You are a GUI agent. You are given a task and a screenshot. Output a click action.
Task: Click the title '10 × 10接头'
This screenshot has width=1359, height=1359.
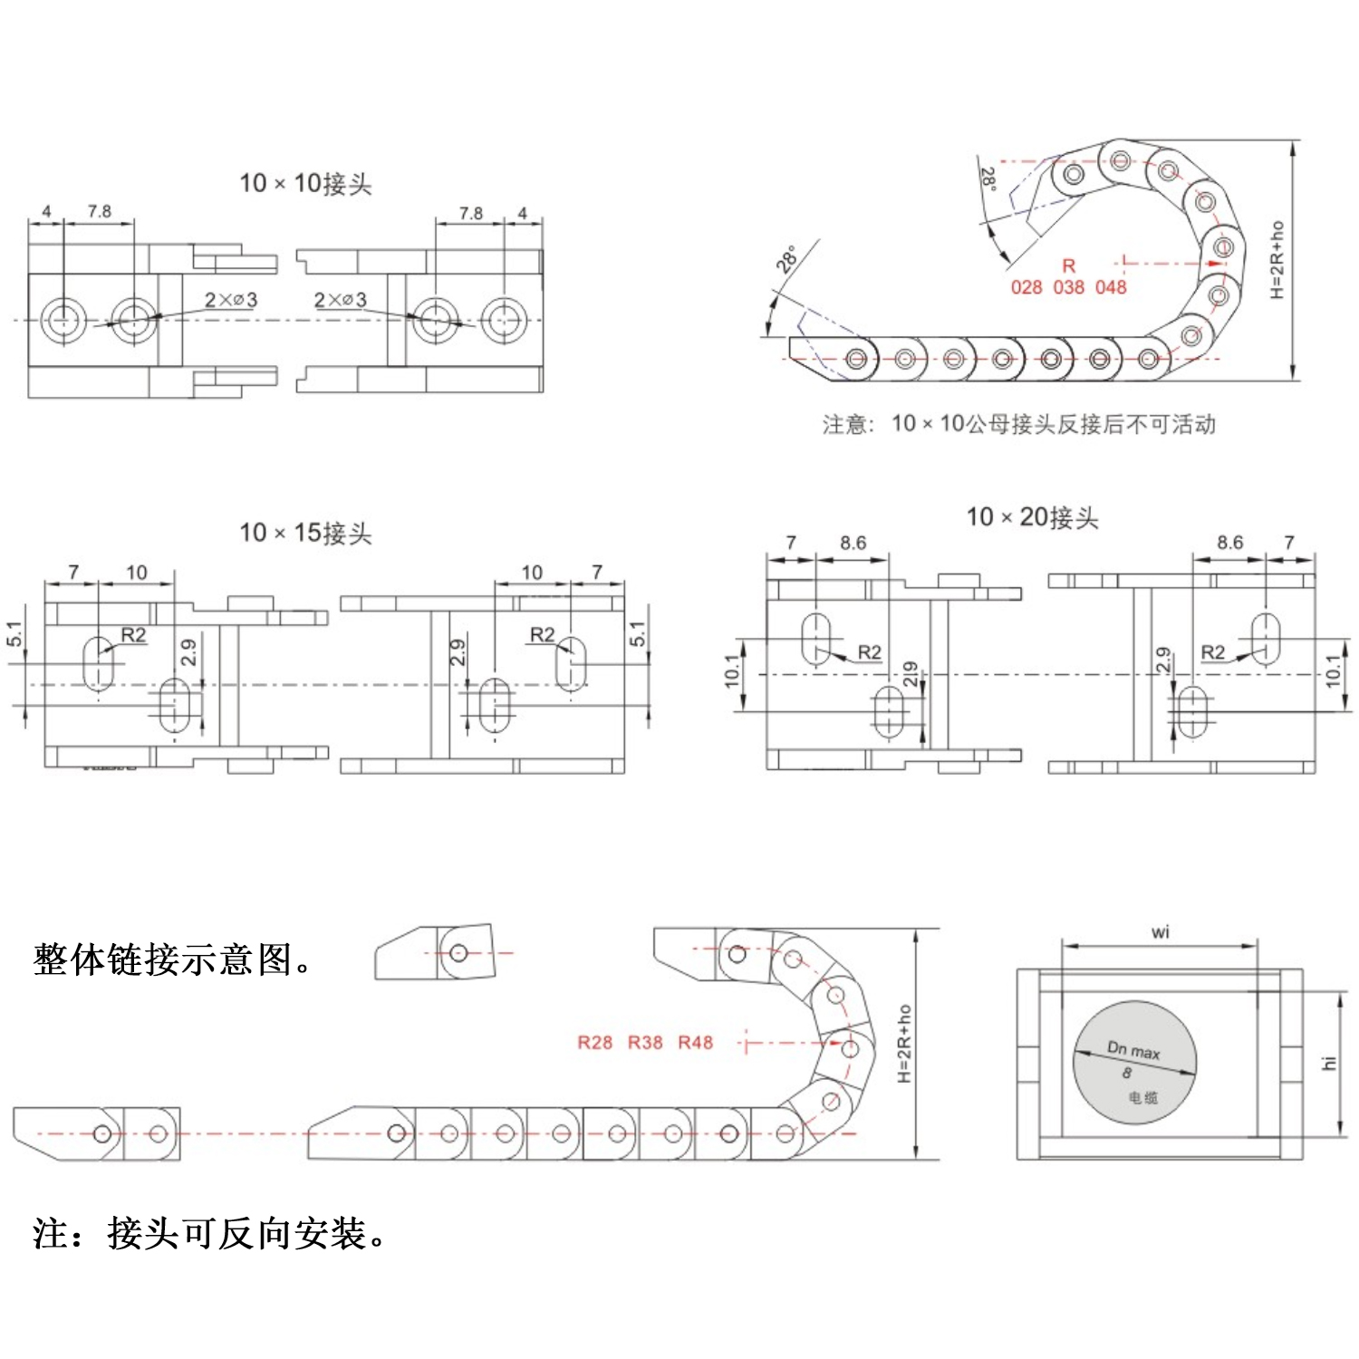click(x=305, y=184)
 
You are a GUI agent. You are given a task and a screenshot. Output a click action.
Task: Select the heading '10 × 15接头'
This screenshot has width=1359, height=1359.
click(x=305, y=533)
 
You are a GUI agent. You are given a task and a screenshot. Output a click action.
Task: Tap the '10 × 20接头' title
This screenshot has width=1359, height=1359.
click(x=1032, y=517)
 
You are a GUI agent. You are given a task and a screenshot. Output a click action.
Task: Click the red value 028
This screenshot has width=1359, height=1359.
click(x=1026, y=287)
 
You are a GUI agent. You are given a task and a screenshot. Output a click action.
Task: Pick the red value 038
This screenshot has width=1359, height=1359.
click(x=1068, y=287)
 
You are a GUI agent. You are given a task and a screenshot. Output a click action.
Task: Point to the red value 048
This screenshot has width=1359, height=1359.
click(x=1111, y=287)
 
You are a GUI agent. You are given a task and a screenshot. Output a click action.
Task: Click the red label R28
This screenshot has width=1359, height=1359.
click(x=594, y=1043)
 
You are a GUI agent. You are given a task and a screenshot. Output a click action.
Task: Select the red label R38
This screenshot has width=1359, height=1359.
click(x=645, y=1043)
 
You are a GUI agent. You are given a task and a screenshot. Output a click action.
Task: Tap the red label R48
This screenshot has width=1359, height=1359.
click(x=695, y=1043)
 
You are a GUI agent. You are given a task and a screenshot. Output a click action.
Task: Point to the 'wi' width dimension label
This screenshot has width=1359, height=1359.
click(x=1160, y=931)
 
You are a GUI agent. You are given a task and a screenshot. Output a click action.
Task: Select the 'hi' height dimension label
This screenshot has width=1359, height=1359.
click(x=1329, y=1063)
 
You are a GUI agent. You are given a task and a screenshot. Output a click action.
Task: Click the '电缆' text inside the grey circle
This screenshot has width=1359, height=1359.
click(x=1142, y=1098)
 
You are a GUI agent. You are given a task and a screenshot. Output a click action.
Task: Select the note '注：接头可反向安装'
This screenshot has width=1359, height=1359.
click(x=208, y=1233)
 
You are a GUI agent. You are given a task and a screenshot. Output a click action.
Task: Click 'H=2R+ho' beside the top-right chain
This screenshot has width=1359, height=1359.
click(x=1277, y=259)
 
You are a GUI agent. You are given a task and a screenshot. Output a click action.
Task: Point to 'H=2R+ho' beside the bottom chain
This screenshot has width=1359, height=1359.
click(x=904, y=1043)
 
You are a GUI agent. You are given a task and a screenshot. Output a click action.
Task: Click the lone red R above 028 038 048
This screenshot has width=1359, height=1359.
click(x=1069, y=265)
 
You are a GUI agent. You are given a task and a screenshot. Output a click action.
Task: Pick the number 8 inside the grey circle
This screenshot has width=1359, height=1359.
click(x=1127, y=1073)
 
